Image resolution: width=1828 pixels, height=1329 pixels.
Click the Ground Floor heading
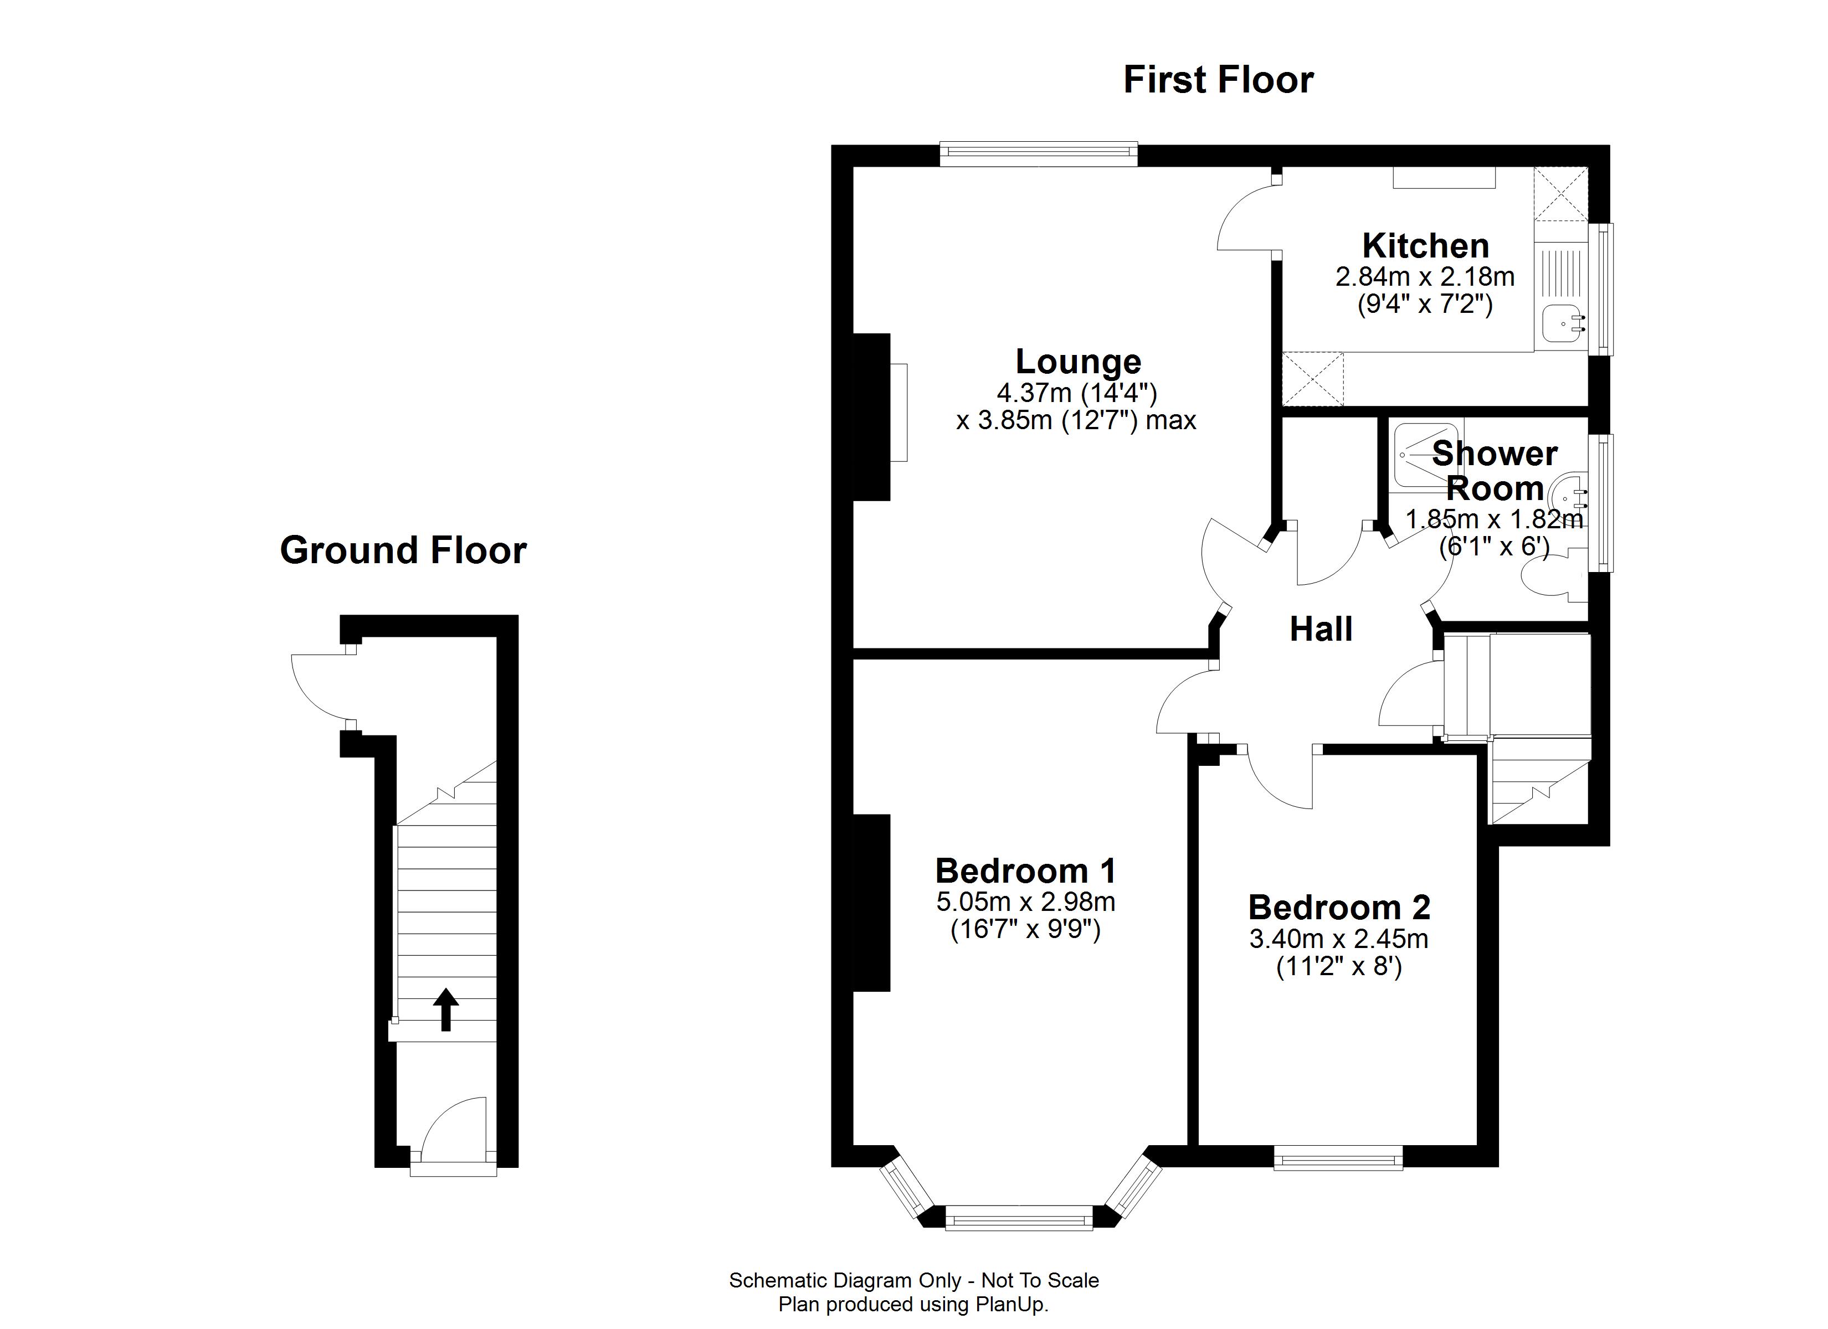[x=403, y=550]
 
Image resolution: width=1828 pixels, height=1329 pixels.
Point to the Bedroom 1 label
[x=1025, y=871]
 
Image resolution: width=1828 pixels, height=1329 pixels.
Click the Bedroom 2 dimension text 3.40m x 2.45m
[x=1339, y=939]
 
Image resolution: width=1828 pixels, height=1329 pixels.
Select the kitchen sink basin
[x=1559, y=324]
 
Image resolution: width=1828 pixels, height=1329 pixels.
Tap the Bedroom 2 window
[x=1338, y=1161]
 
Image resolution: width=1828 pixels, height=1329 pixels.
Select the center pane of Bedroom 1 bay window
[x=1018, y=1217]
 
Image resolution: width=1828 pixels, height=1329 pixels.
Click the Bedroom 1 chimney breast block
[x=871, y=903]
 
